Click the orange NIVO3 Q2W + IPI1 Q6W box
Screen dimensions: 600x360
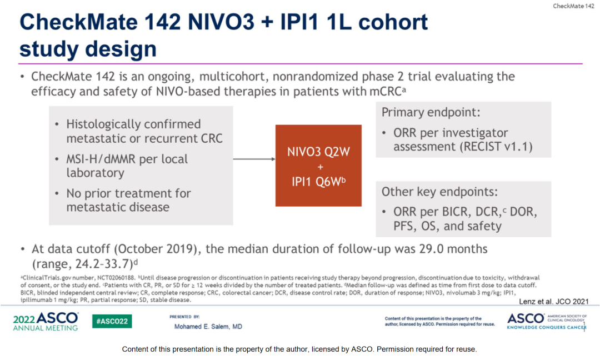[x=318, y=165]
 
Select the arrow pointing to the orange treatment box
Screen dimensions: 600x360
[x=254, y=159]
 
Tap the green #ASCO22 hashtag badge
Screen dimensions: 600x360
[x=112, y=321]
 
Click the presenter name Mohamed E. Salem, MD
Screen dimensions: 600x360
[x=208, y=326]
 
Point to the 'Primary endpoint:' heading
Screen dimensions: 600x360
[x=431, y=112]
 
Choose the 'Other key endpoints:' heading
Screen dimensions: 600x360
[x=439, y=192]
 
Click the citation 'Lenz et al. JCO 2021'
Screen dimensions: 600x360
[x=554, y=302]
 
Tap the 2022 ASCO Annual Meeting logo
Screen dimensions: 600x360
[x=46, y=321]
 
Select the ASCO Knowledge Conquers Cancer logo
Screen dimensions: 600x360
[x=547, y=321]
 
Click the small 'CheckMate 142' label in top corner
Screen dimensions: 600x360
[x=573, y=6]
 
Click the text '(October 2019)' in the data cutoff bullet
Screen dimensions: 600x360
[x=158, y=249]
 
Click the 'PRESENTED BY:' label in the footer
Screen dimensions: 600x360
[x=184, y=317]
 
